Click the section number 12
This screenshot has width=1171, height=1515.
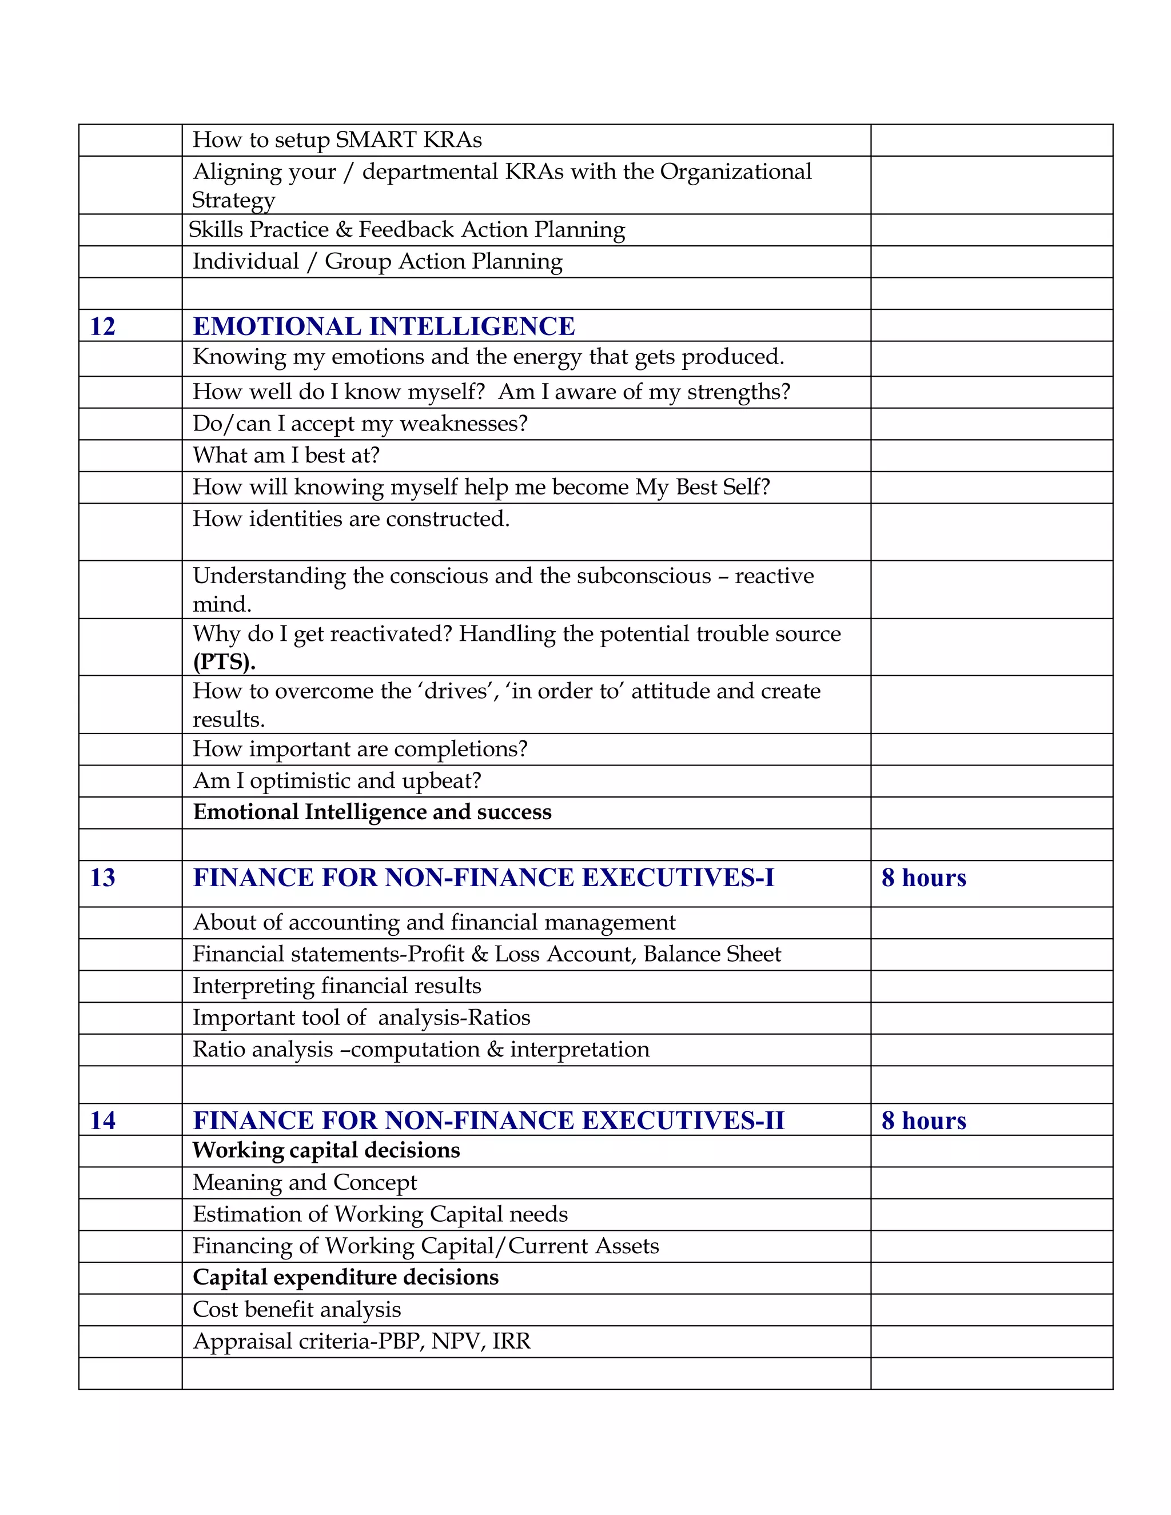click(x=103, y=326)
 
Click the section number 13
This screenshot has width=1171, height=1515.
click(x=103, y=878)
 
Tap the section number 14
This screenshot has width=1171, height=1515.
click(x=103, y=1121)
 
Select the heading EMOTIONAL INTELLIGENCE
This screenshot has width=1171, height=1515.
click(x=384, y=326)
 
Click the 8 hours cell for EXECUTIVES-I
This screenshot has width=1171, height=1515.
click(x=923, y=878)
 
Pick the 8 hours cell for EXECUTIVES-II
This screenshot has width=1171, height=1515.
click(x=923, y=1121)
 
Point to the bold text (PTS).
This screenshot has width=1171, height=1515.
click(x=224, y=662)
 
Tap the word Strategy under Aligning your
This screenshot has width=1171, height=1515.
click(x=234, y=201)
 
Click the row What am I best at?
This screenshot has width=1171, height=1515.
click(x=286, y=456)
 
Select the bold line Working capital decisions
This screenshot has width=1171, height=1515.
click(x=326, y=1151)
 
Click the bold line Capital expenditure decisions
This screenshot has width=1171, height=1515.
click(x=345, y=1278)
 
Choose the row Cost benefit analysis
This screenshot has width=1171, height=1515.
click(x=297, y=1310)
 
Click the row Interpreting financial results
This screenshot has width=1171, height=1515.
click(x=336, y=986)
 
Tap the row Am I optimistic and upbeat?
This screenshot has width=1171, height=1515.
click(x=336, y=781)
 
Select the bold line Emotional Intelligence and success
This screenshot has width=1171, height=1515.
click(x=372, y=812)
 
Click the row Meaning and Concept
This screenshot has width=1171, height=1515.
click(x=305, y=1183)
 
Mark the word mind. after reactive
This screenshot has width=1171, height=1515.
click(x=222, y=605)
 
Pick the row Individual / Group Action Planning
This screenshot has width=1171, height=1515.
click(x=377, y=261)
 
